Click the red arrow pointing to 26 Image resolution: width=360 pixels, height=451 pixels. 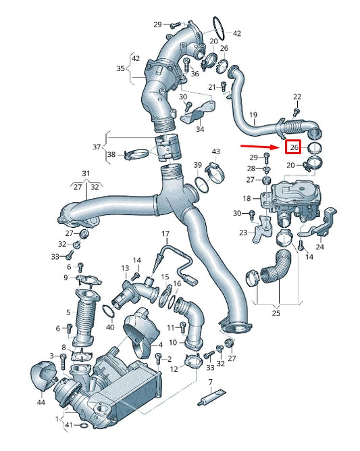[x=261, y=147]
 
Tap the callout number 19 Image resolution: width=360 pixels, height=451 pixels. [x=253, y=115]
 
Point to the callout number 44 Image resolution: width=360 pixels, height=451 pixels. [x=41, y=402]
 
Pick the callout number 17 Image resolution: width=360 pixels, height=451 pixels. [x=165, y=234]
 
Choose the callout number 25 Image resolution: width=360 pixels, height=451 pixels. [x=276, y=312]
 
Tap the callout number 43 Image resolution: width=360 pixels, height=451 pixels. [x=215, y=151]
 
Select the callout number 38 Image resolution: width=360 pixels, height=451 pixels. [x=111, y=154]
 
